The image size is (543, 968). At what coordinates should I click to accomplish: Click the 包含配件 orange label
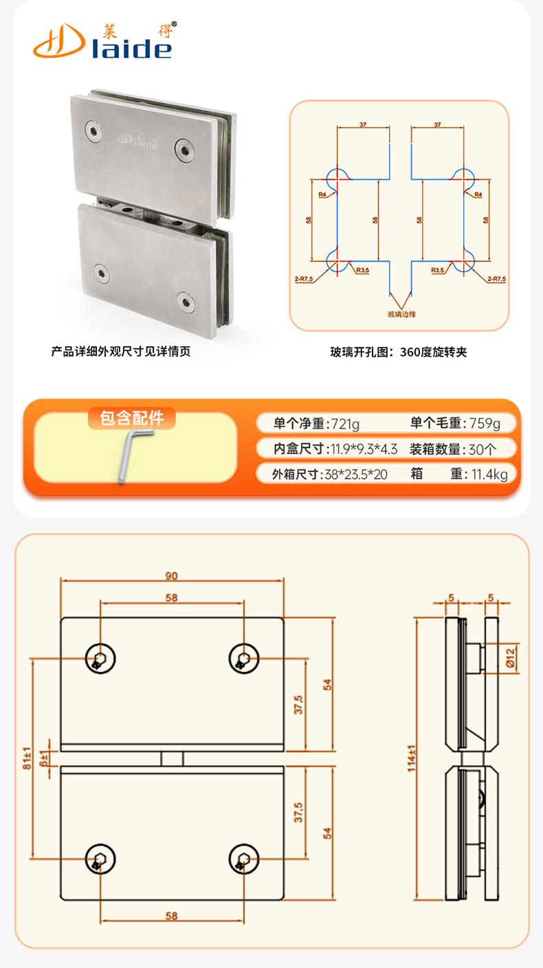pyautogui.click(x=132, y=418)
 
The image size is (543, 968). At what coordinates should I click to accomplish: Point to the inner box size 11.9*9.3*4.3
pyautogui.click(x=364, y=449)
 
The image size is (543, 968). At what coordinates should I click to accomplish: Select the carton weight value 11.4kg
pyautogui.click(x=489, y=474)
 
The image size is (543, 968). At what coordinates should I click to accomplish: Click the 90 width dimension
pyautogui.click(x=172, y=575)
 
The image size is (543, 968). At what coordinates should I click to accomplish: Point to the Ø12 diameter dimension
pyautogui.click(x=510, y=657)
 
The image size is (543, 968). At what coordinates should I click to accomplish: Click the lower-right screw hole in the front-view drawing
pyautogui.click(x=243, y=859)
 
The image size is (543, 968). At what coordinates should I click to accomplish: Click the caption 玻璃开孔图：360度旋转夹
pyautogui.click(x=399, y=352)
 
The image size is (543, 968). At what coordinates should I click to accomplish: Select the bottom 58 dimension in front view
pyautogui.click(x=172, y=915)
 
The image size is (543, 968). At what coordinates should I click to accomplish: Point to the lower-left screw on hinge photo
pyautogui.click(x=102, y=272)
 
